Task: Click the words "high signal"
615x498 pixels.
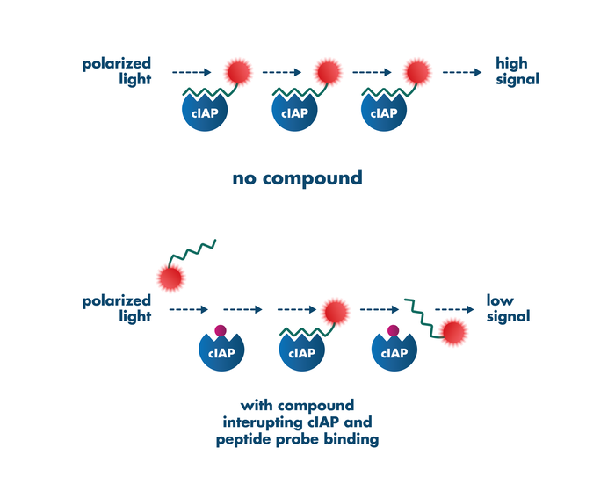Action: click(511, 71)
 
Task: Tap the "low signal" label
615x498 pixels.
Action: click(509, 308)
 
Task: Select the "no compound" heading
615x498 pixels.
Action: click(297, 177)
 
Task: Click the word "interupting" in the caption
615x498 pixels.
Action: click(265, 422)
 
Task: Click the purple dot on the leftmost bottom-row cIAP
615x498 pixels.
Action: click(221, 332)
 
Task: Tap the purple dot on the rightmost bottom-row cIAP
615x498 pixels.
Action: click(394, 332)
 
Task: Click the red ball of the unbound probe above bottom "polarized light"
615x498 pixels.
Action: click(171, 277)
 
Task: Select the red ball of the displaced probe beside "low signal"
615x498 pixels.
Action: click(454, 332)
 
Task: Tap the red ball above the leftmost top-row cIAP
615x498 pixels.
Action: click(238, 72)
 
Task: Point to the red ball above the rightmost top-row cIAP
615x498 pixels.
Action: click(416, 72)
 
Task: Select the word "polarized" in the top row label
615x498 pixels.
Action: click(117, 63)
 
